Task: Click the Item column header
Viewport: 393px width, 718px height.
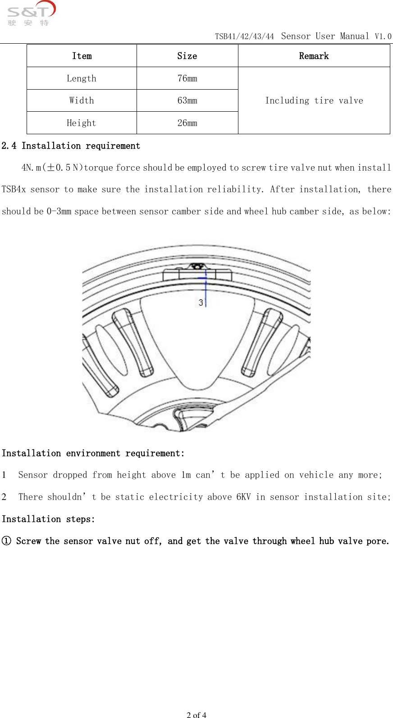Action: pyautogui.click(x=82, y=56)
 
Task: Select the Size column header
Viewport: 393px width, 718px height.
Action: pyautogui.click(x=187, y=56)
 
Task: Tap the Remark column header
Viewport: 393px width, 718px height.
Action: pyautogui.click(x=314, y=56)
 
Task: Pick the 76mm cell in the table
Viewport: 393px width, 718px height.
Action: pyautogui.click(x=187, y=78)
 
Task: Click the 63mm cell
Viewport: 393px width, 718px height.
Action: pyautogui.click(x=187, y=100)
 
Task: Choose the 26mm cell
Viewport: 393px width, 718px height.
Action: pyautogui.click(x=187, y=123)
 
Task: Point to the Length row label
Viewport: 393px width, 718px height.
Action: pyautogui.click(x=82, y=78)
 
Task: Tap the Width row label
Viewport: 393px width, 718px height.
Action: pyautogui.click(x=82, y=100)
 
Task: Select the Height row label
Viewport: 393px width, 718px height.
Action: pyautogui.click(x=82, y=123)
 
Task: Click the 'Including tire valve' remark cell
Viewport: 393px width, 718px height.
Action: pyautogui.click(x=314, y=100)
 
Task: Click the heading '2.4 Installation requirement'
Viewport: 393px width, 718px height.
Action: pyautogui.click(x=71, y=146)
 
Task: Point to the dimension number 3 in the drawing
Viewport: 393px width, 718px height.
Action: pyautogui.click(x=201, y=303)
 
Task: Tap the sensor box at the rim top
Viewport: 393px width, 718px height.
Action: pyautogui.click(x=197, y=274)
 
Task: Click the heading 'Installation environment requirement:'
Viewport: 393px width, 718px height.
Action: pyautogui.click(x=93, y=454)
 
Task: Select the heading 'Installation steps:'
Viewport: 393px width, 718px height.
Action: pyautogui.click(x=48, y=519)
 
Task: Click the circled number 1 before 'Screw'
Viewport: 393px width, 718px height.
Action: pyautogui.click(x=6, y=541)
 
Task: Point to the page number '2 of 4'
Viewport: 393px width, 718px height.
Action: pyautogui.click(x=196, y=714)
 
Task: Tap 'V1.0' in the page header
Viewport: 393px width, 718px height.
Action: pyautogui.click(x=383, y=36)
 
